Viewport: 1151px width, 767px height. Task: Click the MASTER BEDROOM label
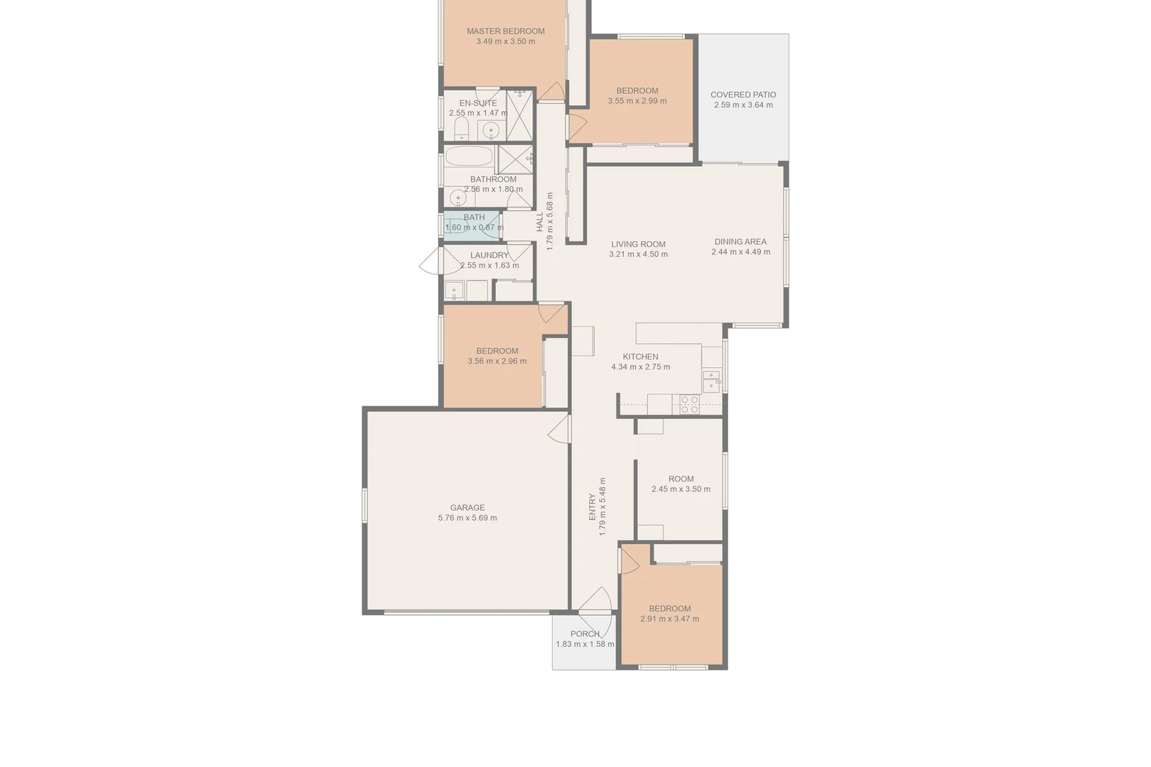point(505,31)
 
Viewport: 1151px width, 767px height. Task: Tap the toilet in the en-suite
point(461,129)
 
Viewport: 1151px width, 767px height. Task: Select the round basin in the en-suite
point(490,130)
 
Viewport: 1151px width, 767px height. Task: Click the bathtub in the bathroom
point(468,158)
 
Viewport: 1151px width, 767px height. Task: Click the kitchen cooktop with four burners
point(689,404)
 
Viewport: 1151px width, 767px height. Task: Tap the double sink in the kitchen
point(710,381)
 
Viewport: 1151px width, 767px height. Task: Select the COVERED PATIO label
point(743,94)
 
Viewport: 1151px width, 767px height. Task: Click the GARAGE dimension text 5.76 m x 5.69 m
point(468,518)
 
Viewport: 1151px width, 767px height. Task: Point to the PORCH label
point(585,634)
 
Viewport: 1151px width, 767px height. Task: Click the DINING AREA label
point(740,241)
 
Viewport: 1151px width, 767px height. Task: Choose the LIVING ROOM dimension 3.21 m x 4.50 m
point(638,254)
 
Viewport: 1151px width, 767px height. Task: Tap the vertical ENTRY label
point(593,507)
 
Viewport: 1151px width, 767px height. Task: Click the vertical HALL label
point(540,221)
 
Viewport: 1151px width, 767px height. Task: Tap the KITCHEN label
point(640,357)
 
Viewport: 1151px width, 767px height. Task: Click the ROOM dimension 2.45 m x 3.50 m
point(681,489)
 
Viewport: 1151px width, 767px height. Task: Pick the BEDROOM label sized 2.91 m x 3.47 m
point(669,609)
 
